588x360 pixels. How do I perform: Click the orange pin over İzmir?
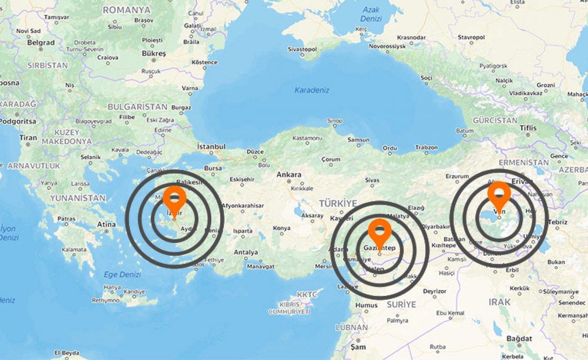174,198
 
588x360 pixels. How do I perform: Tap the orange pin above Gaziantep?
380,230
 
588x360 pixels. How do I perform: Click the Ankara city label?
289,174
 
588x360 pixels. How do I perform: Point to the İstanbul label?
211,146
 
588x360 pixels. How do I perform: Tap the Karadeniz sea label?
312,90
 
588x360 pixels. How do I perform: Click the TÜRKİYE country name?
338,203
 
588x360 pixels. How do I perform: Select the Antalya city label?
246,252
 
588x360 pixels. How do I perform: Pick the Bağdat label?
519,338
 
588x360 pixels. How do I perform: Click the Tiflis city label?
528,128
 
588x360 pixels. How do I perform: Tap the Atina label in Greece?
107,224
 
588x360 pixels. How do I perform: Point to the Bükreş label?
153,53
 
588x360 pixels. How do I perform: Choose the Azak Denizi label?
371,14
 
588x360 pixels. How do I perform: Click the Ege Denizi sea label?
122,275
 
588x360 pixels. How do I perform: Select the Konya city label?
281,228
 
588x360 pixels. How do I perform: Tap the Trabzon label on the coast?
426,147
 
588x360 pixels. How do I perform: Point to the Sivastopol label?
302,49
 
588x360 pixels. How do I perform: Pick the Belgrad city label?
41,43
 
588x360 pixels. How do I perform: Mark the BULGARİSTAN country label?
137,107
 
